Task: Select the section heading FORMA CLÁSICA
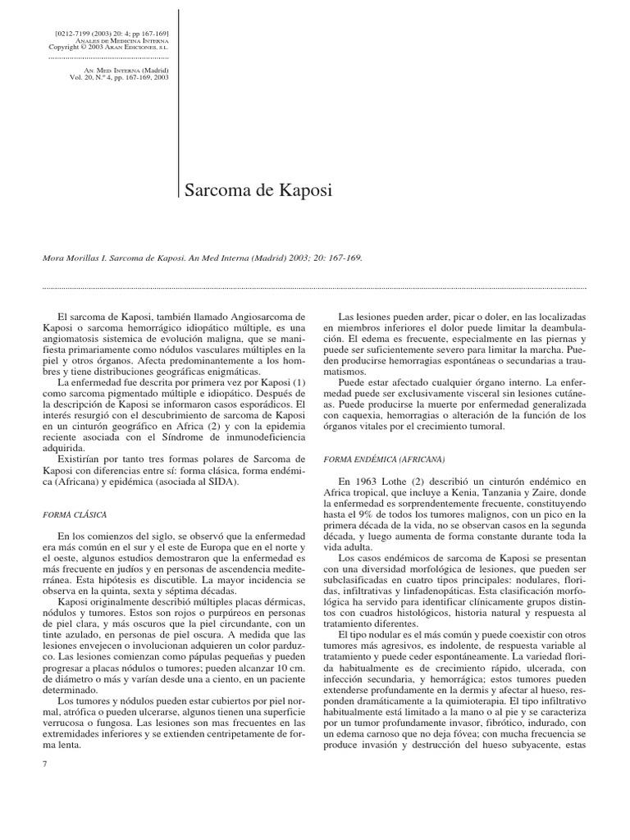pos(75,514)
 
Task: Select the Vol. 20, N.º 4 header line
pos(121,79)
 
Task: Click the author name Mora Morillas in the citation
pos(72,256)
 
